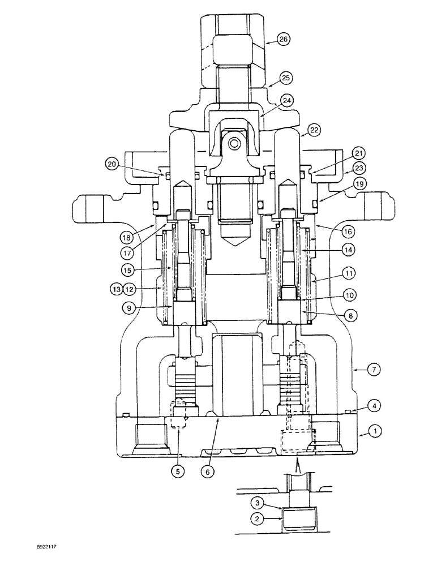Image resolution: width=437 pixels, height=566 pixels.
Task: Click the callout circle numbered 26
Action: [x=284, y=39]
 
